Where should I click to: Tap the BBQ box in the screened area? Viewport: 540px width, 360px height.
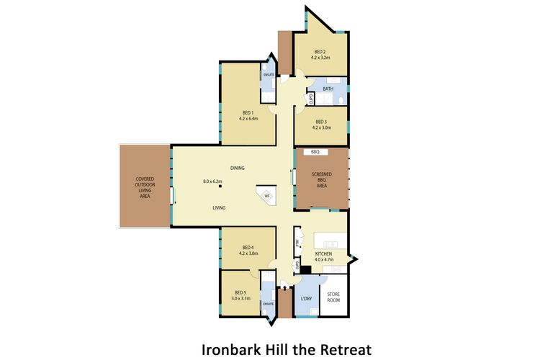pyautogui.click(x=315, y=153)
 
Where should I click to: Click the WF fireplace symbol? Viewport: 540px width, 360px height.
pyautogui.click(x=266, y=195)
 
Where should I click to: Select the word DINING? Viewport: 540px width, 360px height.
pyautogui.click(x=238, y=168)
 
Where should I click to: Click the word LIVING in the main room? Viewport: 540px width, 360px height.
pyautogui.click(x=219, y=207)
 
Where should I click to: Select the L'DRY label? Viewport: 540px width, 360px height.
pyautogui.click(x=305, y=297)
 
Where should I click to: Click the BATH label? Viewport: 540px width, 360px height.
pyautogui.click(x=328, y=89)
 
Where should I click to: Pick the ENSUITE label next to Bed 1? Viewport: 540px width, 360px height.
pyautogui.click(x=268, y=73)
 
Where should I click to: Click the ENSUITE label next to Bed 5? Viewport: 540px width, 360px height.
pyautogui.click(x=268, y=304)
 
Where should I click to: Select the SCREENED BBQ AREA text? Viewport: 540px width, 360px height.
pyautogui.click(x=321, y=179)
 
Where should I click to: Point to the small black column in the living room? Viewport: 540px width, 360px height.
pyautogui.click(x=221, y=187)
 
